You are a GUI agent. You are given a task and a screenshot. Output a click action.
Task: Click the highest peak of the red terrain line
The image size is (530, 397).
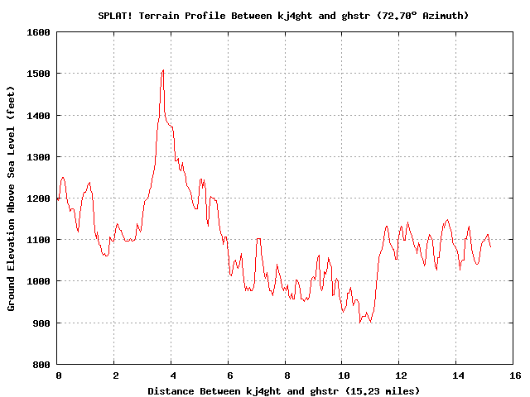tap(163, 70)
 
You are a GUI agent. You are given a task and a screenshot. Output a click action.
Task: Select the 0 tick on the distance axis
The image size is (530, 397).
tap(58, 375)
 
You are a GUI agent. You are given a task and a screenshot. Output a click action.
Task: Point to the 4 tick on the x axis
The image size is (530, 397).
tap(172, 375)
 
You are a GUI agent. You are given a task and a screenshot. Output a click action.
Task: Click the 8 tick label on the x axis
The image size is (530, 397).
tap(286, 375)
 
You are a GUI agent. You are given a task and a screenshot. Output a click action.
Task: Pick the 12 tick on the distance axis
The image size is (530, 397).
tap(399, 375)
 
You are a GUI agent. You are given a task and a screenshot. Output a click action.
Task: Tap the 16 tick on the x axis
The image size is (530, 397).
tap(513, 375)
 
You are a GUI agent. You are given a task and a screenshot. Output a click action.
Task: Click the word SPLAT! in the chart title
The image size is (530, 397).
tap(115, 16)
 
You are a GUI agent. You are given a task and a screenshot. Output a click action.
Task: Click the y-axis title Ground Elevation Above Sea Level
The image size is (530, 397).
tap(12, 198)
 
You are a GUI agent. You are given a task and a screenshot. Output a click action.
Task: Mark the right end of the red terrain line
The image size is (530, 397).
tap(490, 246)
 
